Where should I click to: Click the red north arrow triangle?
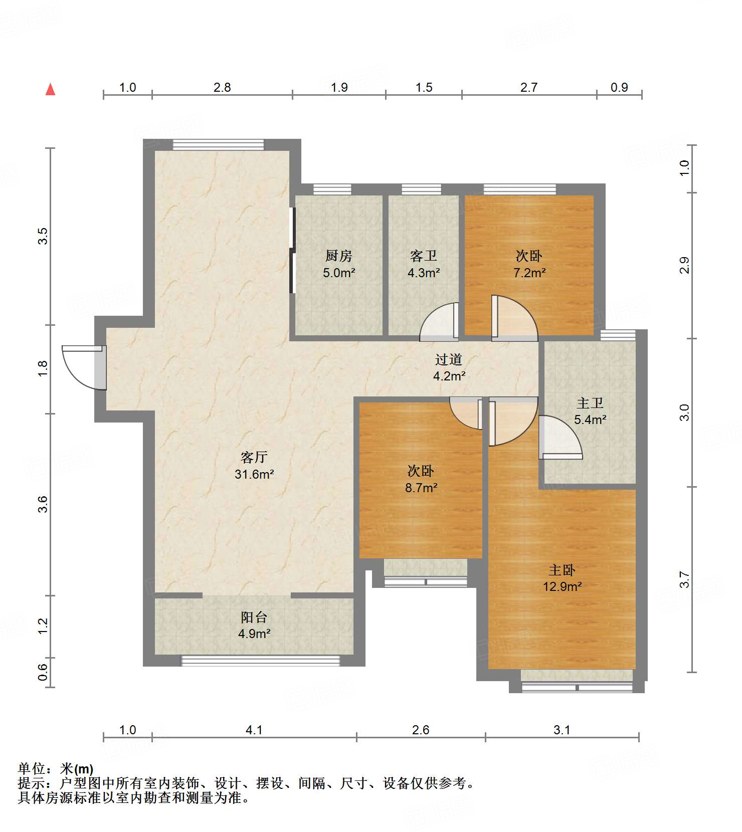click(x=50, y=89)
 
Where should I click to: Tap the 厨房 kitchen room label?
click(x=339, y=256)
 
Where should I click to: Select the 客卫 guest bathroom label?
click(x=424, y=256)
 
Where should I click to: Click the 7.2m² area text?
click(x=529, y=273)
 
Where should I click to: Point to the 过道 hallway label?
click(x=449, y=359)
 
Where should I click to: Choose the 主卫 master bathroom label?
click(x=590, y=403)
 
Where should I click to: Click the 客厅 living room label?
click(x=254, y=457)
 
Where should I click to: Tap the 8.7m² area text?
click(x=421, y=487)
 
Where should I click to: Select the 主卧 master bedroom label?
click(x=562, y=570)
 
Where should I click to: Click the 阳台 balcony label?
click(x=254, y=617)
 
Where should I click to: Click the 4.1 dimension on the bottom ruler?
click(x=254, y=730)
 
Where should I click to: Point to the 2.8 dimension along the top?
click(x=222, y=87)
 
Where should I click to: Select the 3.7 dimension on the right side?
click(x=685, y=580)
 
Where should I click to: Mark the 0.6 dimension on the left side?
click(x=43, y=672)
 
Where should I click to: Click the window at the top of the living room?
click(x=218, y=144)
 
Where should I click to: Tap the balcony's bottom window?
click(x=260, y=661)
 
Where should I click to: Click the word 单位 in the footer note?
click(x=31, y=769)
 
